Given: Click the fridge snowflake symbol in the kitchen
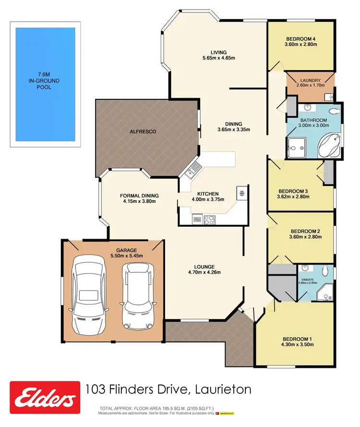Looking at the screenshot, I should [241, 193].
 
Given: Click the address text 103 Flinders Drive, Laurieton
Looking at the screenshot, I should [168, 389].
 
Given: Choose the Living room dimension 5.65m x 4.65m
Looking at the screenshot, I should [218, 58].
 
